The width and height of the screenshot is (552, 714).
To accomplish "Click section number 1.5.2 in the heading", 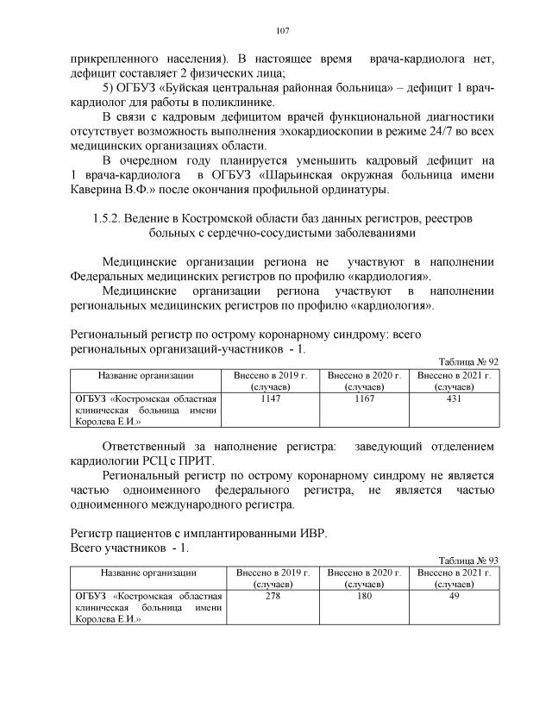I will (108, 219).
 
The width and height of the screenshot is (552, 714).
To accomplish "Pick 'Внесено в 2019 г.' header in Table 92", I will (271, 376).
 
